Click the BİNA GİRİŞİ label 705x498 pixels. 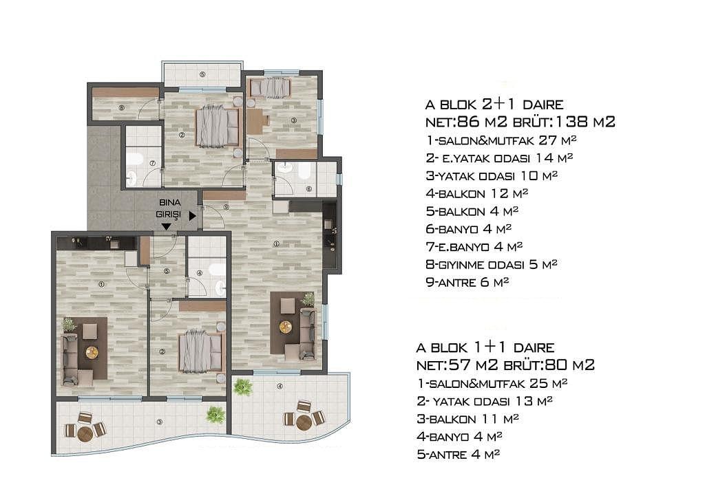coord(169,208)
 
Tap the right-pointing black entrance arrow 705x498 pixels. coord(193,216)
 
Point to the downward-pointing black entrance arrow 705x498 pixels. coord(166,227)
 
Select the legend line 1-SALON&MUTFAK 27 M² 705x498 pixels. coord(501,140)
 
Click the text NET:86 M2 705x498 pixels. coord(466,122)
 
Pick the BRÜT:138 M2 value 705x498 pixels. coord(564,122)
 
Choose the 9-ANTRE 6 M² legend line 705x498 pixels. coord(467,283)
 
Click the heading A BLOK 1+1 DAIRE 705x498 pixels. coord(485,347)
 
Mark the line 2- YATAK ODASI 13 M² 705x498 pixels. coord(485,401)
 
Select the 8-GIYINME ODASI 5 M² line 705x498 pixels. coord(492,265)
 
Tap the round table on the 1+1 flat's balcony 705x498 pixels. coord(85,433)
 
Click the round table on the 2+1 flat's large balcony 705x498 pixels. coord(304,422)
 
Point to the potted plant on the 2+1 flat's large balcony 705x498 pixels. coord(243,387)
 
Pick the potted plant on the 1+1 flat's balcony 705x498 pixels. coord(215,414)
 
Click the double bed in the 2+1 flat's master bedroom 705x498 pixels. coord(217,127)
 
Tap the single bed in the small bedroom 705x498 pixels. coord(269,87)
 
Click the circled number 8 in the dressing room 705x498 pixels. coord(121,108)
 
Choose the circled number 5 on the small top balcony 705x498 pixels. coord(202,74)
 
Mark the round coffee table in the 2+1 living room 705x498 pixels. coord(285,327)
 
